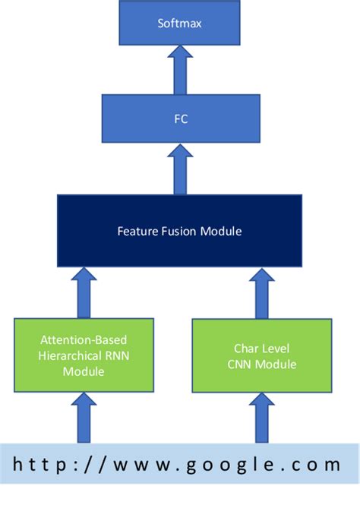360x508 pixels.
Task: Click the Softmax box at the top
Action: click(179, 24)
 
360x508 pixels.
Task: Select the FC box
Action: click(181, 118)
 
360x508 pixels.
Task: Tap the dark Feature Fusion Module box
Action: click(179, 231)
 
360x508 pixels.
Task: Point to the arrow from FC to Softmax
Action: click(180, 70)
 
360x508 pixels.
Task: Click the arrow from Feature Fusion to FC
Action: click(180, 169)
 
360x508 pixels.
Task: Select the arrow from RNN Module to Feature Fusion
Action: click(84, 293)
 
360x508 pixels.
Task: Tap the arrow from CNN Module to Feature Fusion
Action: click(261, 293)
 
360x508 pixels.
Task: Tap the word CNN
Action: click(243, 364)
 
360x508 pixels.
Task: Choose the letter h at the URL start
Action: click(17, 465)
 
